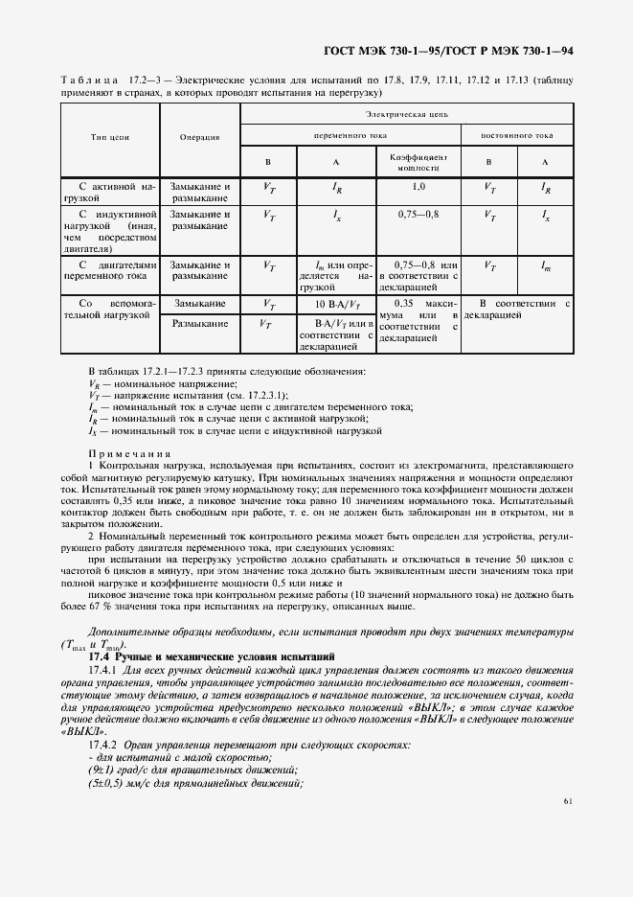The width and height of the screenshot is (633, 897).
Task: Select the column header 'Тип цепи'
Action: tap(110, 137)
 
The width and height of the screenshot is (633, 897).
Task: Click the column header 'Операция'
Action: tap(199, 137)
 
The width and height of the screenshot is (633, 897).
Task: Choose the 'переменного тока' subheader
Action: tap(350, 136)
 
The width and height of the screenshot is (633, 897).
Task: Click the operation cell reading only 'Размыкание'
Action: tap(199, 324)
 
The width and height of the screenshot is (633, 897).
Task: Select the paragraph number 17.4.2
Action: tap(102, 746)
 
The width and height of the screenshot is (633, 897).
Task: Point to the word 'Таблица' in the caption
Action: tap(88, 80)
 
